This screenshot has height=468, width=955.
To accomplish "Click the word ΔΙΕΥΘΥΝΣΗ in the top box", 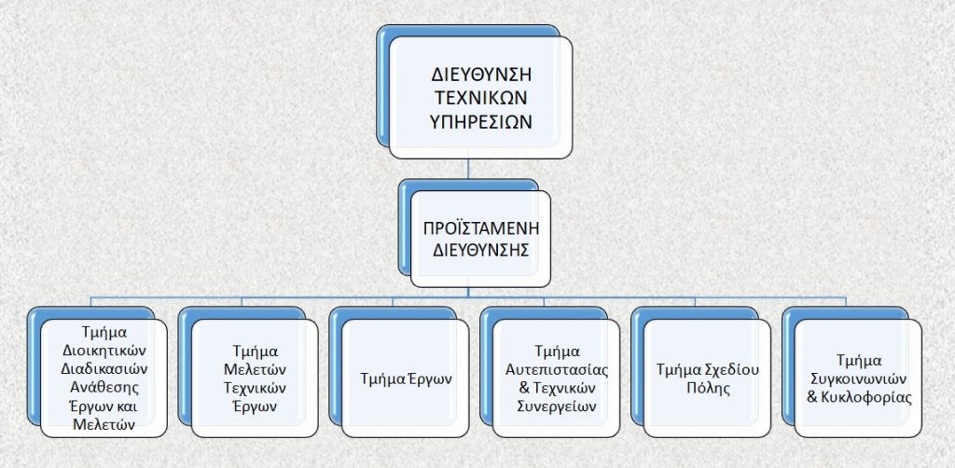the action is point(482,75).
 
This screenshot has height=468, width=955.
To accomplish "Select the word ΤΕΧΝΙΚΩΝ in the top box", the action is point(482,98).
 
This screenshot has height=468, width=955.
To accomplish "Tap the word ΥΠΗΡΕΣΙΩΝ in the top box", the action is point(482,121).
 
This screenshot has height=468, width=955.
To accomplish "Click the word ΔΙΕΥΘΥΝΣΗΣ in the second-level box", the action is point(480,250).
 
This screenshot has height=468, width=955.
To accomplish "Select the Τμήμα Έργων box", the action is point(405,379).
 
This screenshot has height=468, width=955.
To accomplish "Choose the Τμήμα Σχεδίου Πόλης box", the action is point(707,379).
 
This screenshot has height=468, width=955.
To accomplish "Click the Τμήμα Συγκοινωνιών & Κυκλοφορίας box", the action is point(858,379).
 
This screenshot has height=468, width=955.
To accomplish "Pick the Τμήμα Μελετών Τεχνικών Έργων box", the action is point(255,379).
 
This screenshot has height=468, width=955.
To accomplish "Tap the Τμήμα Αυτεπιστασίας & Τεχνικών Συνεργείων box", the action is point(556,379).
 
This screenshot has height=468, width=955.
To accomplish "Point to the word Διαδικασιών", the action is point(104,369).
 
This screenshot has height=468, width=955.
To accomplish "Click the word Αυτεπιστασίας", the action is point(558,369).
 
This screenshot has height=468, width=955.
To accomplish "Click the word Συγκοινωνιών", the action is point(859,379).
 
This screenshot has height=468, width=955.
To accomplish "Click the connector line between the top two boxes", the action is point(468,169).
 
